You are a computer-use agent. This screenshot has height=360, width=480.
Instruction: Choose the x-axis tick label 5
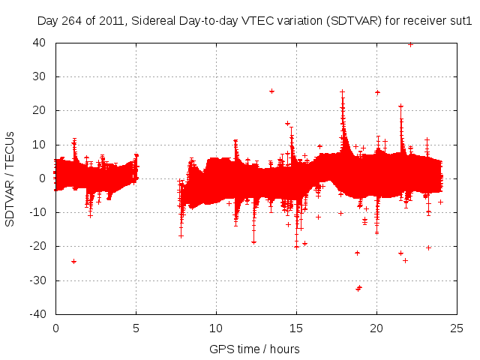136,328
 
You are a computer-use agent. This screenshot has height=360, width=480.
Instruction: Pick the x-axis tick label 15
296,328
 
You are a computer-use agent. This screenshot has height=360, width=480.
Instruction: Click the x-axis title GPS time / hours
254,349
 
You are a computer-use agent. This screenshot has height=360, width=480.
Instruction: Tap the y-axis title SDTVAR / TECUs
10,178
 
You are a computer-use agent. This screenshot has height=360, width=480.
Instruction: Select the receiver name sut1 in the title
460,22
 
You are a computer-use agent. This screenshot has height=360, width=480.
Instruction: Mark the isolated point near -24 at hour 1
73,261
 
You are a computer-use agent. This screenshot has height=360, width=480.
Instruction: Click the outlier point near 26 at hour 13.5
271,91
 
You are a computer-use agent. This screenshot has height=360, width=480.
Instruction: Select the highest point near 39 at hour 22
410,44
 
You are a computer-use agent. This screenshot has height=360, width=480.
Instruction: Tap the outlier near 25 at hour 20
377,92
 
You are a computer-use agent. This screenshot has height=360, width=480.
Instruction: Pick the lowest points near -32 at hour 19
358,288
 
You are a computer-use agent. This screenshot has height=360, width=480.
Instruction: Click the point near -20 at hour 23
428,247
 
